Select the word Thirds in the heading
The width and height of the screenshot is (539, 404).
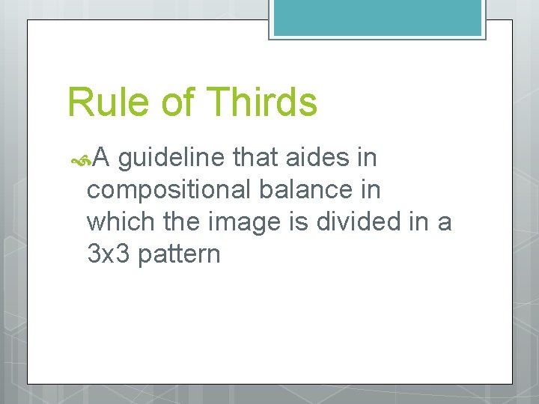262,102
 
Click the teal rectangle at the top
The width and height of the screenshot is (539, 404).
376,17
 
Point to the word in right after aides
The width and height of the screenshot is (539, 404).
366,158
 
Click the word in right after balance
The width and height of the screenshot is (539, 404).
371,190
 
